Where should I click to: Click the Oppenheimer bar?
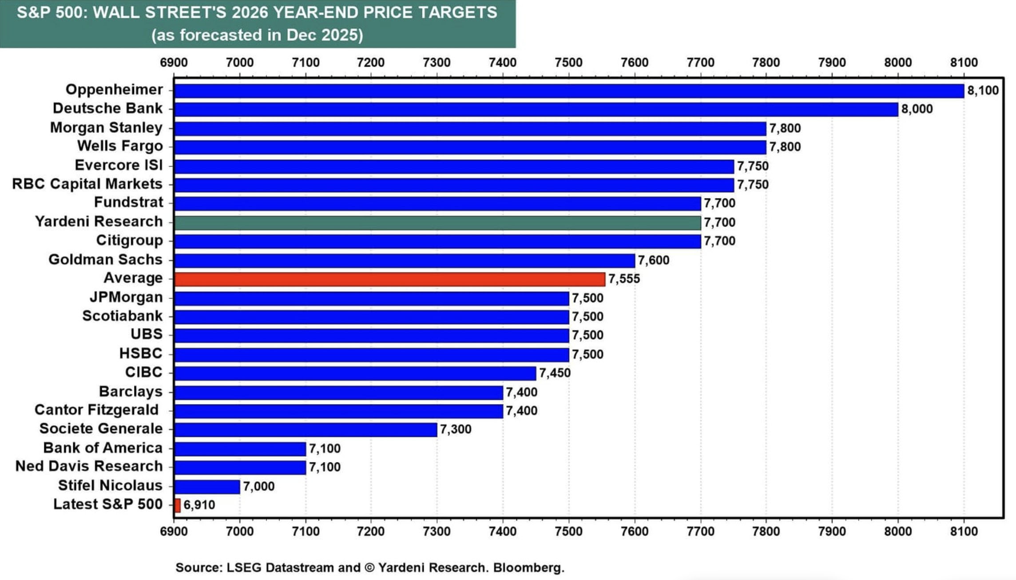[568, 91]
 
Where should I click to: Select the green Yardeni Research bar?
[437, 222]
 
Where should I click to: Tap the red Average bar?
[389, 279]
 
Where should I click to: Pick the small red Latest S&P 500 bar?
[178, 505]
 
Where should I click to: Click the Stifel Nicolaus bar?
[207, 486]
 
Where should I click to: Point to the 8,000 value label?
[917, 109]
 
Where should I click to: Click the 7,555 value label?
[624, 279]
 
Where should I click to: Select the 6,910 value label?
[199, 505]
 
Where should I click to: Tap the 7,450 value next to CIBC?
[555, 373]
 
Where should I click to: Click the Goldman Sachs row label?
[105, 259]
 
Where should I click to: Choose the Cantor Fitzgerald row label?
[96, 410]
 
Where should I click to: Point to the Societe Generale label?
[101, 429]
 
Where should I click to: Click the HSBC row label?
[141, 354]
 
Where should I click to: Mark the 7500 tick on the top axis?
[568, 63]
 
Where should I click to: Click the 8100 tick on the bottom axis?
[964, 532]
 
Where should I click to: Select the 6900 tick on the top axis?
[174, 63]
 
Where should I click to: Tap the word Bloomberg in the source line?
[528, 568]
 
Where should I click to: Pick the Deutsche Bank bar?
[536, 109]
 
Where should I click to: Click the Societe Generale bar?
[306, 429]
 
